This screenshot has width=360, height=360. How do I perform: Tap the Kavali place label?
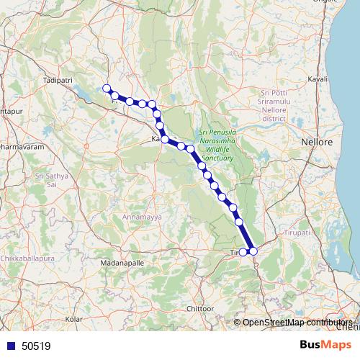pos(318,78)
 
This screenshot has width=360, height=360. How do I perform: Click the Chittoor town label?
pos(201,308)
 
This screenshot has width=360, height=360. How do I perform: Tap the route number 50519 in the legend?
pos(36,346)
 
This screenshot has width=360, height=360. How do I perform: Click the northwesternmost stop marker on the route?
pos(107,89)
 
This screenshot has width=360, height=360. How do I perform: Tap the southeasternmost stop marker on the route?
pos(253,251)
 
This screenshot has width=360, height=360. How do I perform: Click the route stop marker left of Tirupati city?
pos(243,252)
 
